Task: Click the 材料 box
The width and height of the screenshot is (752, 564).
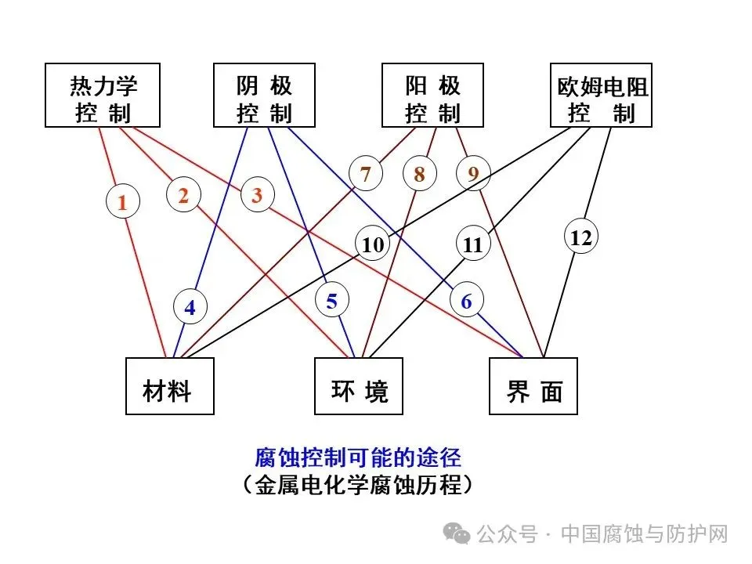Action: (169, 386)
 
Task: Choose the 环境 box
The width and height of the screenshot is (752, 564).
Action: (359, 386)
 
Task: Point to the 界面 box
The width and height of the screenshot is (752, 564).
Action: (533, 386)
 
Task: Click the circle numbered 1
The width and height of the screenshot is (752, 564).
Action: (122, 203)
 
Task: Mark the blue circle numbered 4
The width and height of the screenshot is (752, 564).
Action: (190, 308)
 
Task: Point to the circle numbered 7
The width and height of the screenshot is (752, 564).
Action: (366, 174)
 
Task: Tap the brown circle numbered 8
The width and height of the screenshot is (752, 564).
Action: (419, 175)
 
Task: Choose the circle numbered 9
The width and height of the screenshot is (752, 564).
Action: (473, 174)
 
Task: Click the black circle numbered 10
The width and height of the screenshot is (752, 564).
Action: (374, 244)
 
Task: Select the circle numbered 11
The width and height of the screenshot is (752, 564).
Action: (473, 244)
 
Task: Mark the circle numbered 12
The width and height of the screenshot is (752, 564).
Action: (581, 237)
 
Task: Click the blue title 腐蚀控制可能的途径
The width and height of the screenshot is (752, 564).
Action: (358, 456)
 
